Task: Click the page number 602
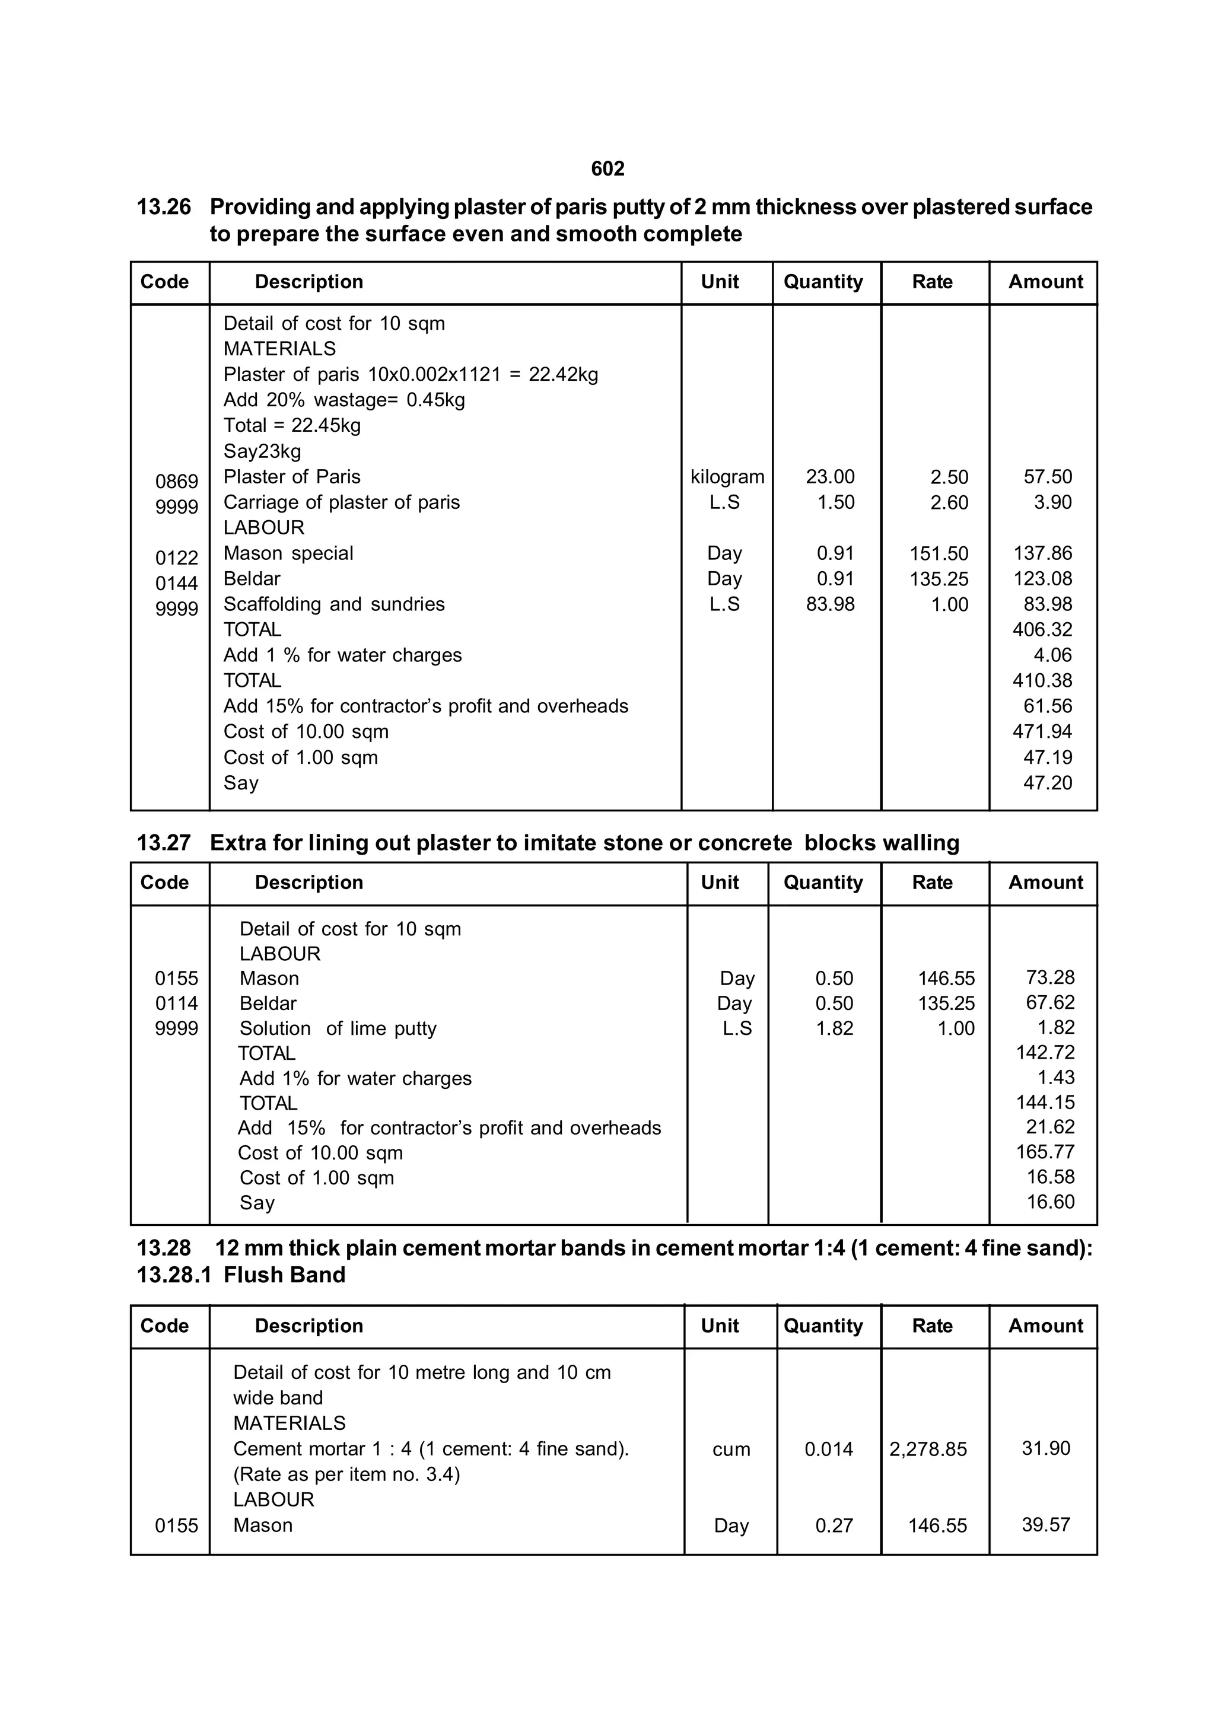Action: click(x=607, y=169)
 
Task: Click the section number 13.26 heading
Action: click(x=164, y=207)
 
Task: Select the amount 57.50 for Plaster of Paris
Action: click(x=1048, y=477)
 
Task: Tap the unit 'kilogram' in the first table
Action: click(x=727, y=477)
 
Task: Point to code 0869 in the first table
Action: click(x=177, y=482)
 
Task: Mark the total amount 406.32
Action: click(x=1042, y=630)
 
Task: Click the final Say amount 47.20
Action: click(x=1048, y=783)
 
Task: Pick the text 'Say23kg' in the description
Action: click(x=262, y=452)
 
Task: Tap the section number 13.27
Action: click(x=164, y=843)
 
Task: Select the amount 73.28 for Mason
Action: click(x=1049, y=977)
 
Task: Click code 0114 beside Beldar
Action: click(x=177, y=1004)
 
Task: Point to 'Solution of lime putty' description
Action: click(x=338, y=1029)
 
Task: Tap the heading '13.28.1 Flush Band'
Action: click(x=241, y=1275)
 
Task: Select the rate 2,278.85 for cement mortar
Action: click(x=928, y=1450)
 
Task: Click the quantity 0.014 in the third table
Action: click(x=828, y=1450)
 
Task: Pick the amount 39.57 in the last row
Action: click(x=1046, y=1525)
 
